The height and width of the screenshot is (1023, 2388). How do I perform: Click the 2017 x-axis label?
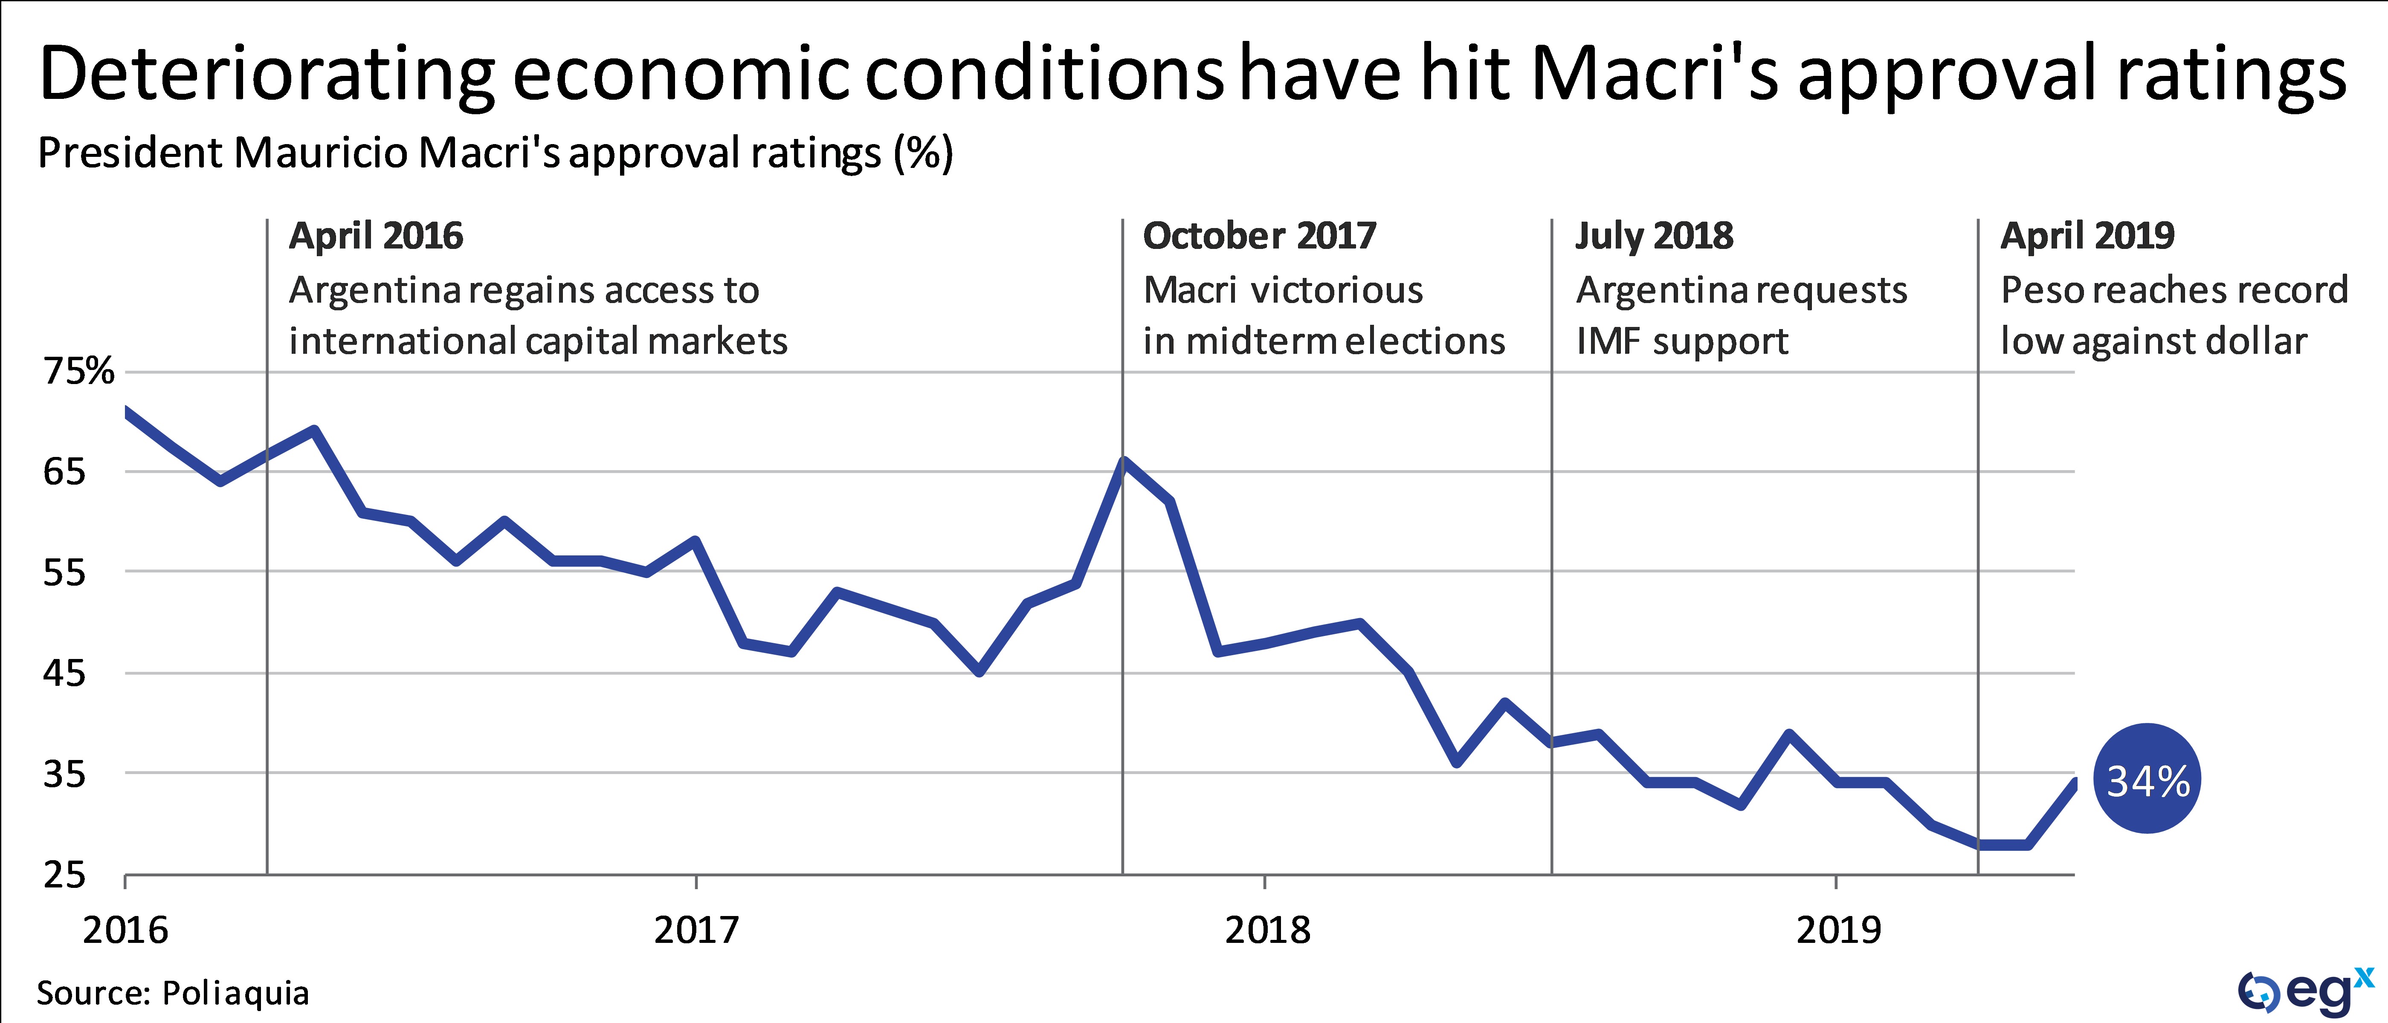click(x=696, y=929)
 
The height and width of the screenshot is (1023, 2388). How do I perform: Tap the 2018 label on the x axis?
click(x=1267, y=929)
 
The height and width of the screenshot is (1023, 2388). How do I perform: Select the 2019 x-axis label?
click(x=1838, y=929)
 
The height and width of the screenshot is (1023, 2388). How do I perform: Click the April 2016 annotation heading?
click(x=375, y=236)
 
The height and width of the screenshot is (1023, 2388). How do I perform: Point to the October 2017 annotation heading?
click(x=1259, y=236)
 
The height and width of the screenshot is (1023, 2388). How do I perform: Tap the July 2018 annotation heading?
click(x=1654, y=236)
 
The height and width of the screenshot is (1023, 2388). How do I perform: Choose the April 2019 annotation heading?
click(x=2087, y=236)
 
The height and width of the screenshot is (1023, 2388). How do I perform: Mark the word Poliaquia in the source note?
click(x=235, y=993)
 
